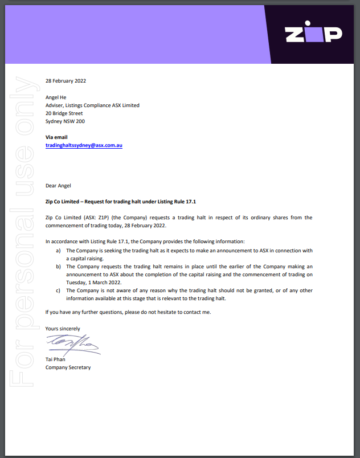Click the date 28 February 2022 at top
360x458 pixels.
tap(66, 81)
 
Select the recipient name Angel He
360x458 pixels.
tap(56, 97)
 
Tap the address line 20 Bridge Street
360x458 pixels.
tap(64, 113)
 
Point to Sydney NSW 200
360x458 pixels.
tap(65, 121)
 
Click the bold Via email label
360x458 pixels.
tap(56, 137)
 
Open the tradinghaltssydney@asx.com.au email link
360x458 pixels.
tap(84, 145)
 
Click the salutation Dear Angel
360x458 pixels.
tap(58, 185)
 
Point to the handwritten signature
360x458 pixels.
tap(72, 343)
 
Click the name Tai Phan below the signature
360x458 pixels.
tap(56, 359)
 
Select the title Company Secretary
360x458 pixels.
tap(68, 367)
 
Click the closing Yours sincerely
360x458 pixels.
tap(63, 329)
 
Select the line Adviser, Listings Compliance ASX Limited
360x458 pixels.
tap(92, 105)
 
